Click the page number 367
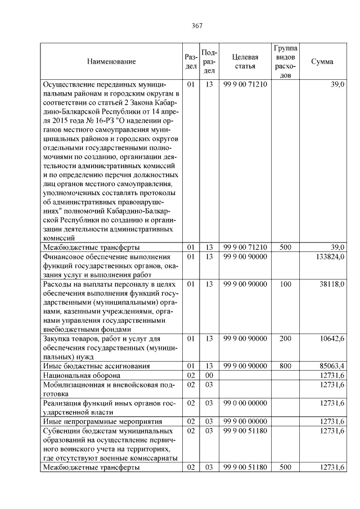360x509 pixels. coord(197,26)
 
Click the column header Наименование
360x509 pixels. coord(111,61)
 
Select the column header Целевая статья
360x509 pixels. coord(245,61)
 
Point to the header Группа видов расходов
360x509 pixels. coord(285,61)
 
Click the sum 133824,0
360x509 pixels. coord(329,257)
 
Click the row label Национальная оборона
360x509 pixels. coord(81,375)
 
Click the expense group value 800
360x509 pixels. coord(285,366)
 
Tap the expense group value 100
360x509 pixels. coord(285,285)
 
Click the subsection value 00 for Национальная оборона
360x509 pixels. coord(209,375)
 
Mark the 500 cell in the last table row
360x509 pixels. coord(285,467)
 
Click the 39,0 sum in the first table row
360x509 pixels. coord(337,84)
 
